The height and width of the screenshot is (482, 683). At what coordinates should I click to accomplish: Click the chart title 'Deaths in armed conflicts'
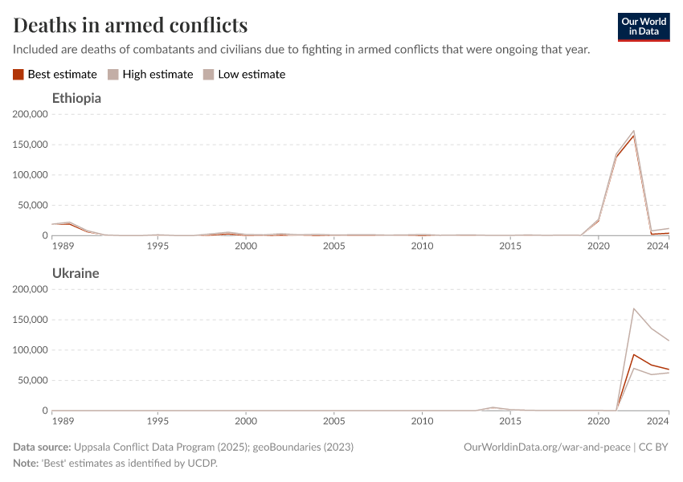point(130,24)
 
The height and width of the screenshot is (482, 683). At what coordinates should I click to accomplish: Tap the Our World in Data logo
point(643,27)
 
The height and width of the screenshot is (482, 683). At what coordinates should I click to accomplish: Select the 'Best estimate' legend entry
point(55,75)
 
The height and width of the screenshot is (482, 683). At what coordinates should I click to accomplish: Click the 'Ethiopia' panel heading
point(76,99)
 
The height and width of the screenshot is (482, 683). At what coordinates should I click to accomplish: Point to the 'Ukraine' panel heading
point(76,273)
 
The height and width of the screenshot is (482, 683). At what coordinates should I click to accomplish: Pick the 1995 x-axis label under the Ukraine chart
point(157,421)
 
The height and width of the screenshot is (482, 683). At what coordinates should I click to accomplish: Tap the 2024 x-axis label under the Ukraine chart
point(657,421)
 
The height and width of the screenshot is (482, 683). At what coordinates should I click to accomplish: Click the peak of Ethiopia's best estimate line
point(633,136)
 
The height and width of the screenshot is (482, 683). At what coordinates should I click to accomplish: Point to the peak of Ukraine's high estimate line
point(633,308)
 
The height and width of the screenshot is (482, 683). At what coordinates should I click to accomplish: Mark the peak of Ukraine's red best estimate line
point(633,354)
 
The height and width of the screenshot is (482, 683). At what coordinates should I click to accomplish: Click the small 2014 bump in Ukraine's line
point(493,407)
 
